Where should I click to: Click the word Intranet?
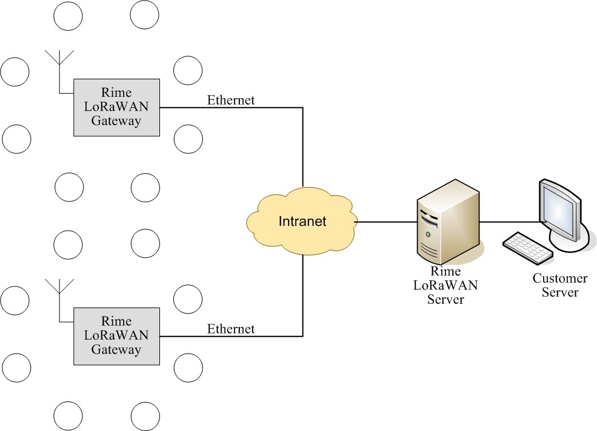point(302,222)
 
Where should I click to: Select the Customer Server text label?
point(559,285)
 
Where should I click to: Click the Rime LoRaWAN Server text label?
point(445,285)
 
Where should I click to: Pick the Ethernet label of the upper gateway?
point(231,100)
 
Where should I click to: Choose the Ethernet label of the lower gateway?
point(231,329)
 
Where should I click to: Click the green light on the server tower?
point(429,234)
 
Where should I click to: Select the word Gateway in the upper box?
point(116,120)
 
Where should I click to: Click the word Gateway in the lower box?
point(116,349)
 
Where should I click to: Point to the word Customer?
point(559,278)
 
